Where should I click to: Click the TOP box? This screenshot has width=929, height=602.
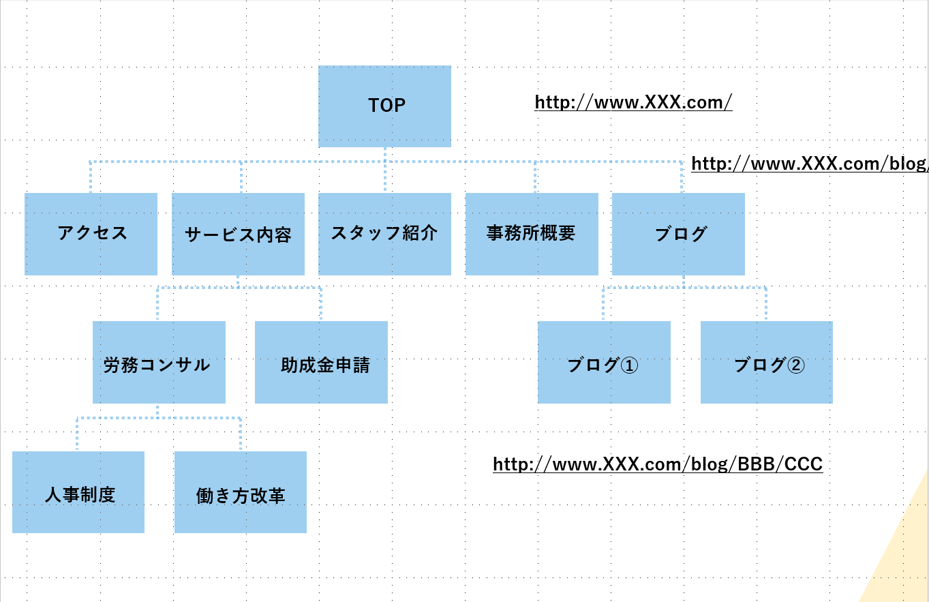pyautogui.click(x=384, y=106)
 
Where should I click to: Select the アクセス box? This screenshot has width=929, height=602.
pyautogui.click(x=91, y=234)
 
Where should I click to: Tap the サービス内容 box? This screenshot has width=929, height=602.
pyautogui.click(x=238, y=234)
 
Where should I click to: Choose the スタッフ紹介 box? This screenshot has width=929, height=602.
pyautogui.click(x=384, y=234)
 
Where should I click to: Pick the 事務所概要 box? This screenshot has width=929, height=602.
pyautogui.click(x=532, y=234)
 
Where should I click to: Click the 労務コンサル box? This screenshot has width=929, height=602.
pyautogui.click(x=159, y=362)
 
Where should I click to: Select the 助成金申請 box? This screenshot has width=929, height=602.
pyautogui.click(x=321, y=362)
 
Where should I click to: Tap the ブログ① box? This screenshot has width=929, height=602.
pyautogui.click(x=604, y=362)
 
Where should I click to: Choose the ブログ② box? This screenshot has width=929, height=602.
pyautogui.click(x=766, y=362)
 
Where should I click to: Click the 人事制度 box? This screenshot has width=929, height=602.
pyautogui.click(x=78, y=492)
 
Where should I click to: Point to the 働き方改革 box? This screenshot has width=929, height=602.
pyautogui.click(x=241, y=492)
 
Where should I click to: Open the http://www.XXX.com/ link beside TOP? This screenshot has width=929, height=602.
pyautogui.click(x=633, y=102)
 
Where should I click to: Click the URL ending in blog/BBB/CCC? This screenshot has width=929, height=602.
pyautogui.click(x=658, y=464)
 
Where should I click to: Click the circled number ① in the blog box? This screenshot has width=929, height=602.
pyautogui.click(x=629, y=365)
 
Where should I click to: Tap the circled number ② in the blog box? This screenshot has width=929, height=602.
pyautogui.click(x=796, y=365)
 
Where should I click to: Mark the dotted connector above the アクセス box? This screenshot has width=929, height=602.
pyautogui.click(x=91, y=177)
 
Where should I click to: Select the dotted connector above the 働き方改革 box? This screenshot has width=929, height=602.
pyautogui.click(x=241, y=434)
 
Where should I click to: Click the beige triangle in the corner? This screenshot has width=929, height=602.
pyautogui.click(x=904, y=552)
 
